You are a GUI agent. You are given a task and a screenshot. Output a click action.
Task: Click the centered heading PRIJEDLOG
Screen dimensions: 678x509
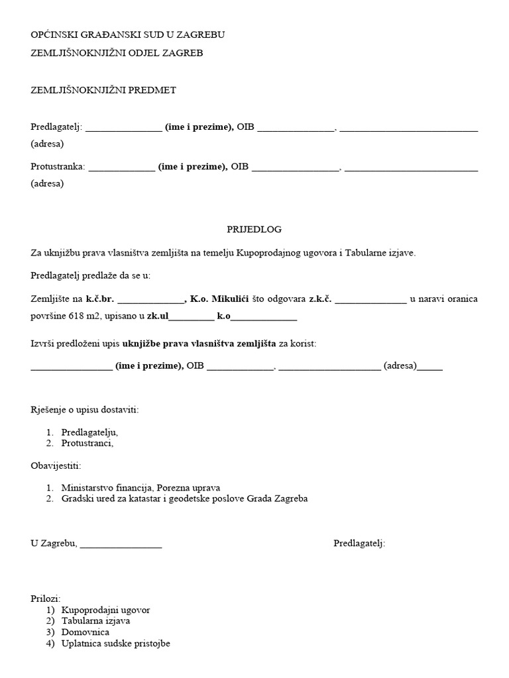point(254,229)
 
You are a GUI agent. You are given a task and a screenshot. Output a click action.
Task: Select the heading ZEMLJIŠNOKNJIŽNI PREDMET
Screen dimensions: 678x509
point(103,90)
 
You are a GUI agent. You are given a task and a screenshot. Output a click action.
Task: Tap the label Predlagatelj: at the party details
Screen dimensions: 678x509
point(56,127)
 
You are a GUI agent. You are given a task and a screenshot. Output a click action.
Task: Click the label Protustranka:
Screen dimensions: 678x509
point(58,166)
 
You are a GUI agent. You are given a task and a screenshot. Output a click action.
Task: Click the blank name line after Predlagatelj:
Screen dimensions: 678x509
point(123,130)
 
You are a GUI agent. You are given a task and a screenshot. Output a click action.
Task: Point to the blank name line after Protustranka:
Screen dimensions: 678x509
point(121,169)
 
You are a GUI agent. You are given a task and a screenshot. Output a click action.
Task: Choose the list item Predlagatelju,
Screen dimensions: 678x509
point(89,432)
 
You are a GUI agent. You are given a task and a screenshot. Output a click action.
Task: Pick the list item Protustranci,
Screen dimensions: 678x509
point(87,443)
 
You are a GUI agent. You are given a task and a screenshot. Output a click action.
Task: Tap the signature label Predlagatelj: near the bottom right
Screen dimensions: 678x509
point(359,544)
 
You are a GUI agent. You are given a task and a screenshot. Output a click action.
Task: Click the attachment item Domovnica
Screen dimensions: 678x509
point(85,632)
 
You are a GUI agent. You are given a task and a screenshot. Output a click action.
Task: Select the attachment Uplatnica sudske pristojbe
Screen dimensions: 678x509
point(115,643)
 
